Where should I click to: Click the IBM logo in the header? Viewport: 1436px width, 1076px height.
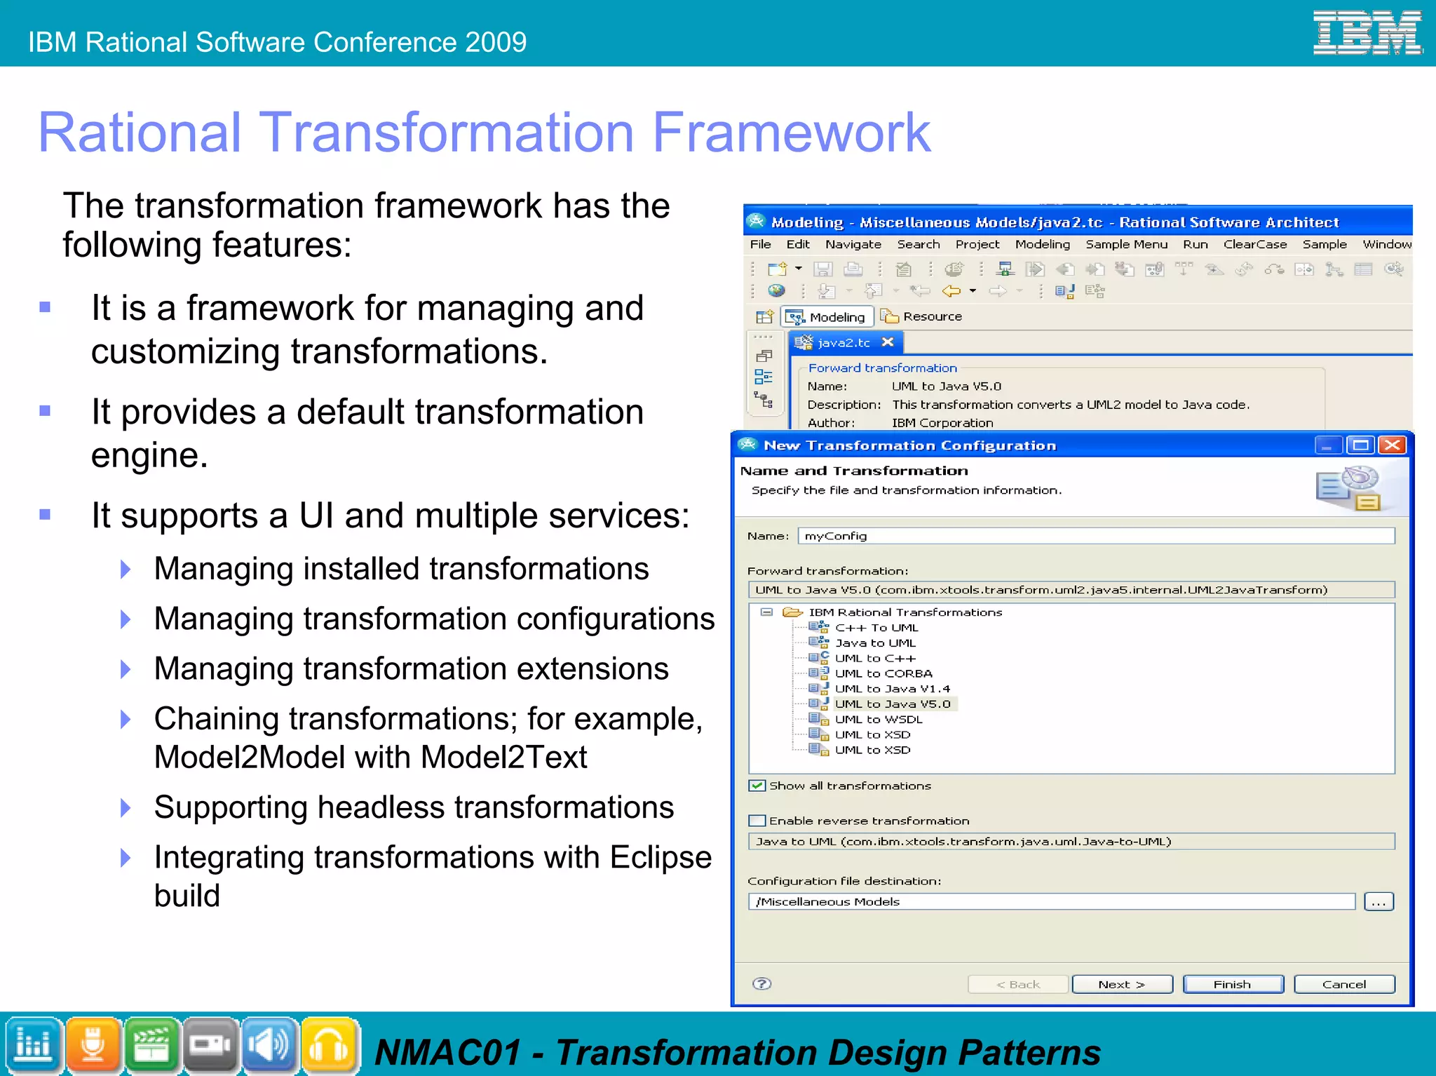tap(1367, 32)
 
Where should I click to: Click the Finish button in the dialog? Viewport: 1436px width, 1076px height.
tap(1232, 984)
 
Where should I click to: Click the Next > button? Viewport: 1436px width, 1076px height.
tap(1121, 984)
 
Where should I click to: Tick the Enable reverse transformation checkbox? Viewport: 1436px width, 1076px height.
tap(757, 821)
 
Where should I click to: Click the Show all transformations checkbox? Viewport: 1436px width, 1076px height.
tap(757, 786)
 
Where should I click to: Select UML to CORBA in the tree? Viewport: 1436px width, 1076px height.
tap(883, 673)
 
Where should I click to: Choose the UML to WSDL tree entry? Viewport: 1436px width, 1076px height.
tap(878, 719)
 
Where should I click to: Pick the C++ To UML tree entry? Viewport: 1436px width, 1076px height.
tap(876, 628)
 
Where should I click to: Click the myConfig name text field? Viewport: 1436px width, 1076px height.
tap(1094, 536)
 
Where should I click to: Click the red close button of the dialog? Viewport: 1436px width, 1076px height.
tap(1393, 445)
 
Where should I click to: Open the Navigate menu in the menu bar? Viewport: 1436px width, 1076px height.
tap(853, 244)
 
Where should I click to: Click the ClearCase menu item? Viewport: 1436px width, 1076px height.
tap(1254, 244)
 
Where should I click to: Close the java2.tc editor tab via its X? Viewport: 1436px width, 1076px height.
tap(888, 342)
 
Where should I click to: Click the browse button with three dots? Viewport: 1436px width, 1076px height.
tap(1379, 902)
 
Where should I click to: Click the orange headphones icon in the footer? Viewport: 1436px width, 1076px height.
tap(329, 1045)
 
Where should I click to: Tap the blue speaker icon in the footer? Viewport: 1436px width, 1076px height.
tap(270, 1045)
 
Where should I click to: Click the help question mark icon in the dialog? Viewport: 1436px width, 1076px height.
tap(761, 983)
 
